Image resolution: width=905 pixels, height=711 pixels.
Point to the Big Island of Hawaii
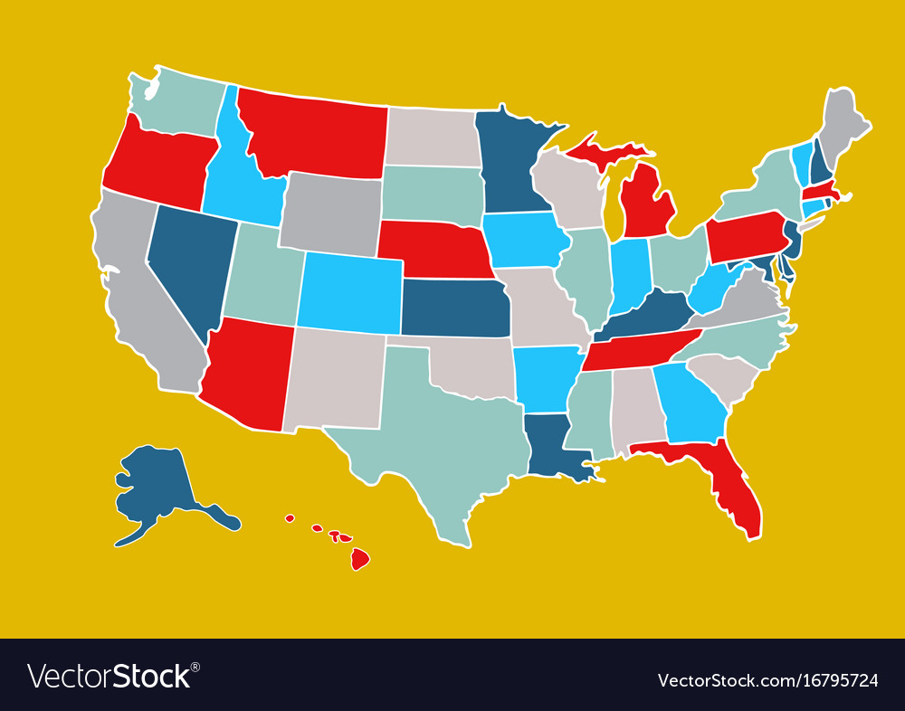click(x=360, y=559)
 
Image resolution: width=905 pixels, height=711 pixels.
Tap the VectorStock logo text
click(x=113, y=677)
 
